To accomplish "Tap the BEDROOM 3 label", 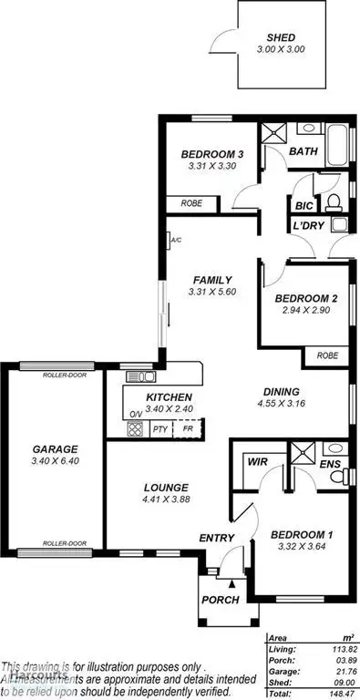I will tap(211, 153).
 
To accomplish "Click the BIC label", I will tap(303, 205).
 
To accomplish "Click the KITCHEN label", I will tap(169, 397).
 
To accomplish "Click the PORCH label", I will tap(221, 600).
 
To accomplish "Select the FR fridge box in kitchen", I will tap(188, 428).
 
